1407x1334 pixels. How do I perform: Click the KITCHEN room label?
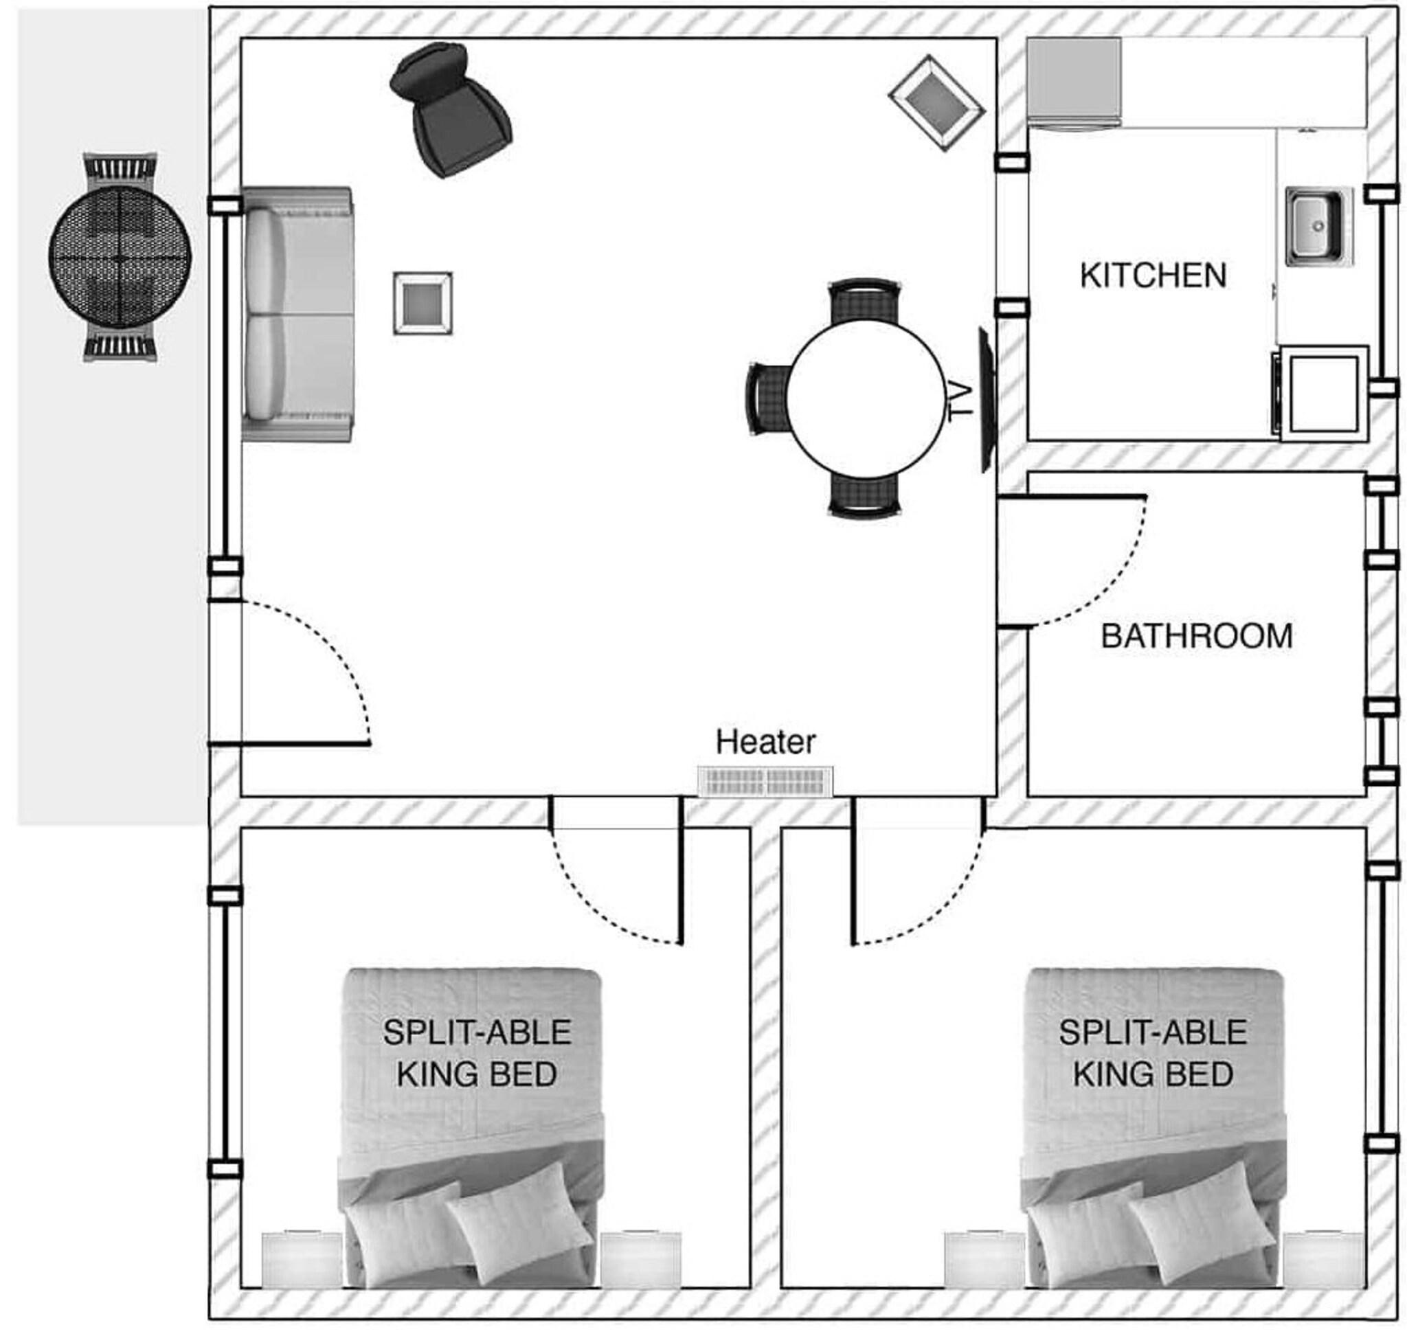[1152, 276]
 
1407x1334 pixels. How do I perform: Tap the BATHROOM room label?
[1197, 635]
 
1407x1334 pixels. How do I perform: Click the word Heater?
[765, 743]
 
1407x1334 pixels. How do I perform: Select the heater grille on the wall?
[765, 782]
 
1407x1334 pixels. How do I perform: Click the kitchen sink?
[1317, 226]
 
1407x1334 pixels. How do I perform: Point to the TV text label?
[960, 401]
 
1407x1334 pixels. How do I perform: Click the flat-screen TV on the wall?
[985, 400]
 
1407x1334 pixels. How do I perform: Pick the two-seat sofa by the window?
[297, 315]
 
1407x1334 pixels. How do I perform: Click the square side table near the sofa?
[423, 303]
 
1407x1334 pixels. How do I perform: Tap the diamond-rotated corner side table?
[936, 103]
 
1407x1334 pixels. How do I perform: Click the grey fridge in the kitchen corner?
[1074, 82]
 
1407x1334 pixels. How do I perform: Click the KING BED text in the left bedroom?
[477, 1074]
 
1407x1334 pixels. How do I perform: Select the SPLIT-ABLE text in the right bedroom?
[1152, 1032]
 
